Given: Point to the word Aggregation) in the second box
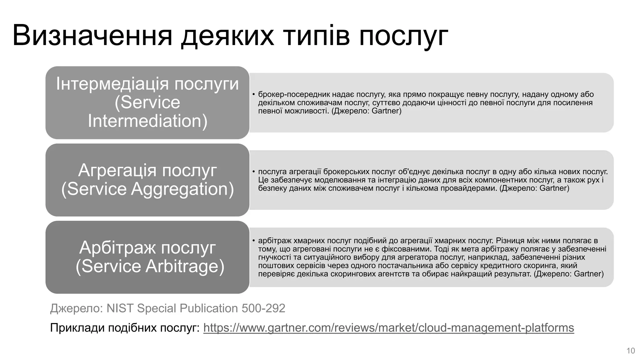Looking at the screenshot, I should point(182,189).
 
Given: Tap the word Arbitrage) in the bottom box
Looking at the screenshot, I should point(185,266).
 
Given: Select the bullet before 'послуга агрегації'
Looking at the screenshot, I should point(254,172).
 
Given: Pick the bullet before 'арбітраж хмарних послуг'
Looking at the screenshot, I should point(254,241).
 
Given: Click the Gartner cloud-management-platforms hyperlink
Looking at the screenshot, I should point(388,327).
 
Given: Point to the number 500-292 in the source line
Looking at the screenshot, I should point(263,308).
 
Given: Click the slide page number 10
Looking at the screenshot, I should point(631,351).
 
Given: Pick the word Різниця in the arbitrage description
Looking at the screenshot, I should point(511,241).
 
